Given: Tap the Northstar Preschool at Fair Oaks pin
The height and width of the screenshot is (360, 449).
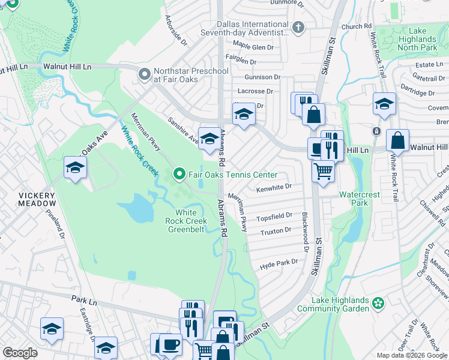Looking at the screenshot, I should (x=144, y=75).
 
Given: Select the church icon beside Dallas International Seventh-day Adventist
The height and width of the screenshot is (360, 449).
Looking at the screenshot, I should (x=298, y=28).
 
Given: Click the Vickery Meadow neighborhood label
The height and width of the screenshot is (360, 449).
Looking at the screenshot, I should (x=37, y=200).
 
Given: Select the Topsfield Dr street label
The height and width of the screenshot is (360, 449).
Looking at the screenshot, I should (x=274, y=215).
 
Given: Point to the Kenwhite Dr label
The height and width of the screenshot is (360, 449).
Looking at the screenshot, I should (x=274, y=188).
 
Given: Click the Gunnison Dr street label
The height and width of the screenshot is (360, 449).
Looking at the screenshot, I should (x=262, y=77).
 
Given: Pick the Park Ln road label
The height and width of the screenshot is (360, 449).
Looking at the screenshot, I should (x=83, y=298).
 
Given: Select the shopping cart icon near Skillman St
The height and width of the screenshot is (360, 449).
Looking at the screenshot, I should (x=323, y=172).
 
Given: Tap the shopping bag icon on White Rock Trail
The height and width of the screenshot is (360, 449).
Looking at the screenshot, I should (x=397, y=142).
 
